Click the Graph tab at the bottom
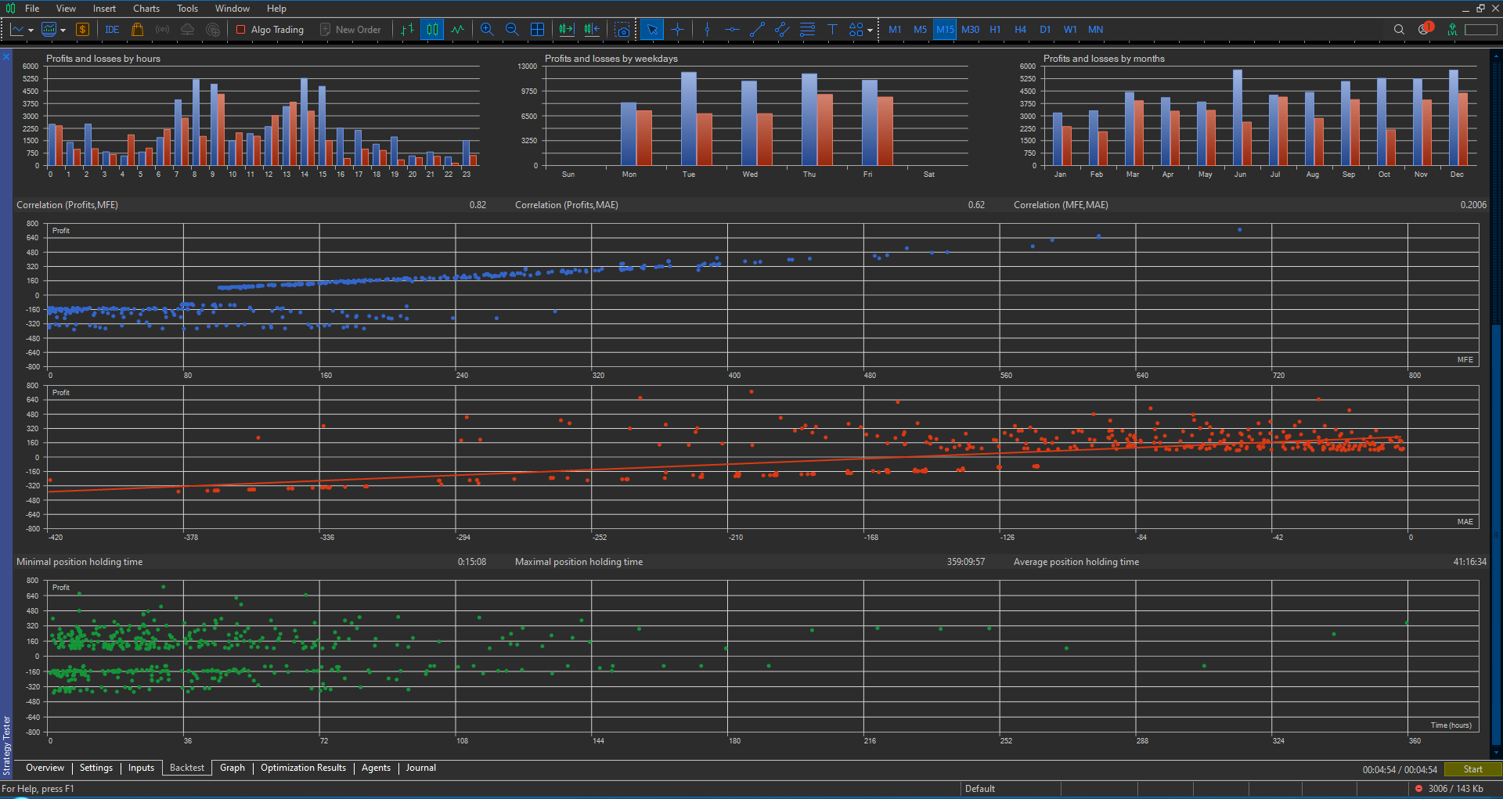[232, 768]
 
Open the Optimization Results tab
[303, 768]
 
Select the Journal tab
[420, 768]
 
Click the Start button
[1472, 769]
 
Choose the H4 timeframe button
[1020, 30]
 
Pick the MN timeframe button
[1095, 30]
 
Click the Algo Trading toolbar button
[270, 30]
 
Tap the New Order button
[351, 30]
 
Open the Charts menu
[146, 9]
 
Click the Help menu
[276, 9]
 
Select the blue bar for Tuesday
[688, 119]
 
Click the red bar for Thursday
[824, 130]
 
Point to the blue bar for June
[1238, 117]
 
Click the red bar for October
[1390, 147]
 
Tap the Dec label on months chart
[1456, 175]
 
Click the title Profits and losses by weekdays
[611, 59]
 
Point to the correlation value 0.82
[478, 205]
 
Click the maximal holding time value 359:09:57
[965, 562]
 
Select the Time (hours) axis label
[1451, 725]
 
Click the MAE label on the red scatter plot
[1465, 522]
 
